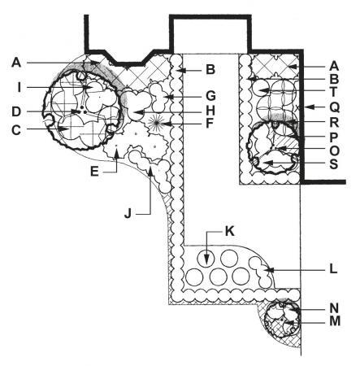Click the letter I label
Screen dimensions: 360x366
click(19, 87)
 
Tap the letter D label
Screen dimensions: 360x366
click(16, 111)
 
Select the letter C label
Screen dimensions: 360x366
click(16, 130)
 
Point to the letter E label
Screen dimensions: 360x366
click(94, 172)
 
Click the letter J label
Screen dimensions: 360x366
click(128, 213)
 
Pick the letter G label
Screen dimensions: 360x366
click(210, 96)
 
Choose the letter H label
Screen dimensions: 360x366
click(210, 111)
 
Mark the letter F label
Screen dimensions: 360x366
click(210, 124)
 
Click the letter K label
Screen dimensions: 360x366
click(229, 231)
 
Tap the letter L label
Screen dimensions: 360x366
click(333, 269)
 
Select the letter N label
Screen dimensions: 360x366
click(334, 308)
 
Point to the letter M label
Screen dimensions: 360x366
click(335, 321)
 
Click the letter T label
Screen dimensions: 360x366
click(334, 92)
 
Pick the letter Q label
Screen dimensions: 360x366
click(335, 107)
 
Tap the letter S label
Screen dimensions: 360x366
click(334, 164)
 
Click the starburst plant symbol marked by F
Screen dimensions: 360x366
click(155, 123)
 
